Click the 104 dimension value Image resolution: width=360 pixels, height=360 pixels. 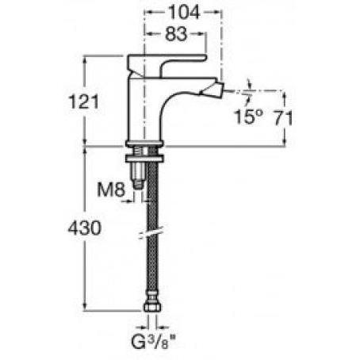[x=184, y=12]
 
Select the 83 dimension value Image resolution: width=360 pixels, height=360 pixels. [x=176, y=34]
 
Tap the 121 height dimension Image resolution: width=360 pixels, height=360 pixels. [x=83, y=101]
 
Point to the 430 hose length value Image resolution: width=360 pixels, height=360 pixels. [x=85, y=228]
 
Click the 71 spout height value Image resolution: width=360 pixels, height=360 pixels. [x=283, y=117]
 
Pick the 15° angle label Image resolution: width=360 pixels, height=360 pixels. [x=249, y=117]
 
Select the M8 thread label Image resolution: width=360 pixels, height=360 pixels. [x=111, y=190]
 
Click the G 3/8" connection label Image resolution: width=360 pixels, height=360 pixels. [x=153, y=342]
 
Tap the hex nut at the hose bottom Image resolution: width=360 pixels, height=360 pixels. [x=153, y=307]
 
